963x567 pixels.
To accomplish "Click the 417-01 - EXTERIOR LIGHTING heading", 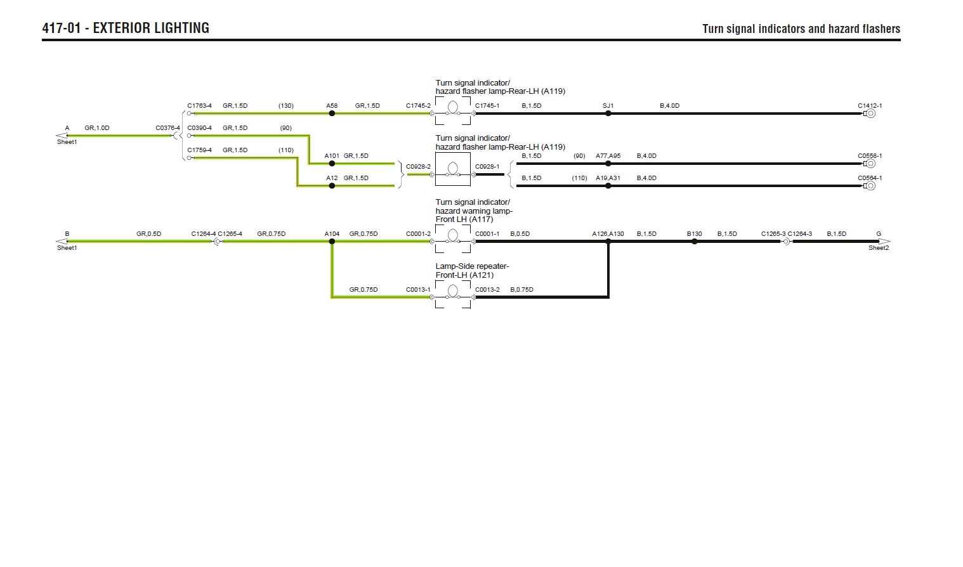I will pyautogui.click(x=126, y=28).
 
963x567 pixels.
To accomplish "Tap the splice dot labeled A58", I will pyautogui.click(x=332, y=114).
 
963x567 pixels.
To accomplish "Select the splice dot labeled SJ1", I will pyautogui.click(x=608, y=114).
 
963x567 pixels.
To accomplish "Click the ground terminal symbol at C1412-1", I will pyautogui.click(x=870, y=114).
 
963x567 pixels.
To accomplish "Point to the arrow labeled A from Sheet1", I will pyautogui.click(x=62, y=135).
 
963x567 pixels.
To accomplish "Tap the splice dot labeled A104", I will pyautogui.click(x=332, y=242).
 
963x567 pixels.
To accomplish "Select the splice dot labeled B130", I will pyautogui.click(x=695, y=242).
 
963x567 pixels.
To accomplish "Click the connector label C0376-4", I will pyautogui.click(x=167, y=128).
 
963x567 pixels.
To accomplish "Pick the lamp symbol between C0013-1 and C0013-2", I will pyautogui.click(x=453, y=291).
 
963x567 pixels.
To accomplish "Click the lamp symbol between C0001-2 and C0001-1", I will pyautogui.click(x=453, y=236).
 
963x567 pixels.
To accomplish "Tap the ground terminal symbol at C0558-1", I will pyautogui.click(x=870, y=164).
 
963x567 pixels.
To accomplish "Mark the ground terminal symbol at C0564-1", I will pyautogui.click(x=870, y=186).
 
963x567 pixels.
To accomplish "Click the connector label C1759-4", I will pyautogui.click(x=199, y=150).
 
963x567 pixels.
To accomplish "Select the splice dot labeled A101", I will pyautogui.click(x=332, y=164).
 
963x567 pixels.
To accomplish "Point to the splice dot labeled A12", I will pyautogui.click(x=332, y=186).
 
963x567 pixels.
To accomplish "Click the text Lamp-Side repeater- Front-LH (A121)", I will pyautogui.click(x=472, y=271).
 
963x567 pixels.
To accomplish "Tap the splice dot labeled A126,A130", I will pyautogui.click(x=608, y=242).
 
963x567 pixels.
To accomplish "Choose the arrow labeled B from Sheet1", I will pyautogui.click(x=62, y=242).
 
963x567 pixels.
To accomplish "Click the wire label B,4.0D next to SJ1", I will pyautogui.click(x=669, y=106).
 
